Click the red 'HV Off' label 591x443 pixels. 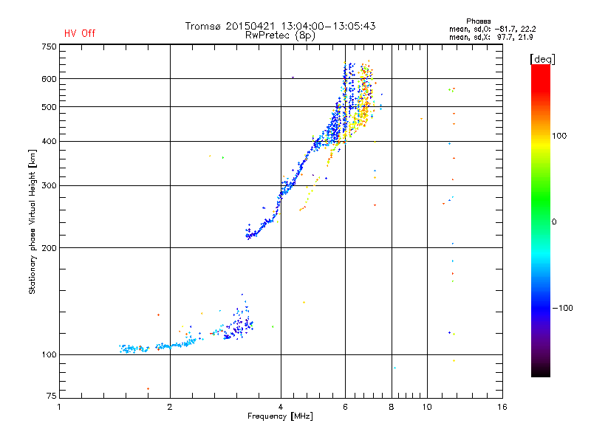(x=80, y=33)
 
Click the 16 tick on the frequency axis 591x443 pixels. (x=502, y=407)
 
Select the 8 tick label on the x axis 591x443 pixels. (x=392, y=407)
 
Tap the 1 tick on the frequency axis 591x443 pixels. (x=60, y=407)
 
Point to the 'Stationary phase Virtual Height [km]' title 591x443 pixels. (x=33, y=221)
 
